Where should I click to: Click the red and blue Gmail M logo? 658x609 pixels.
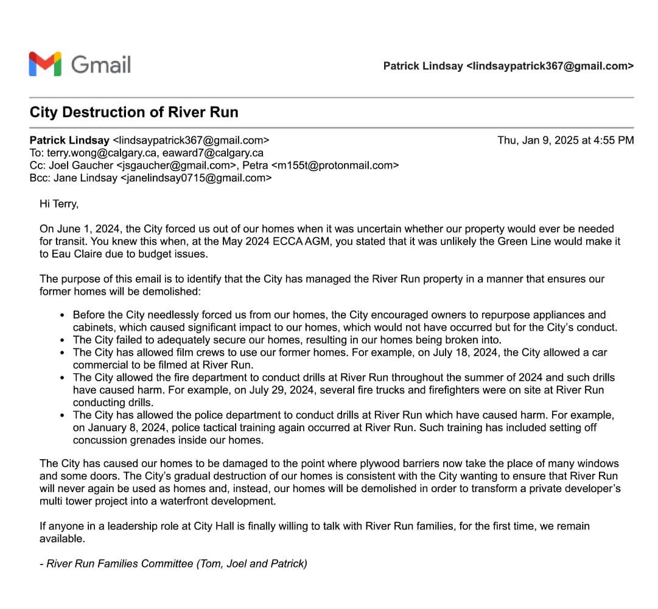(x=45, y=64)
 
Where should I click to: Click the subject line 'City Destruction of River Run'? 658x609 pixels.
(x=134, y=113)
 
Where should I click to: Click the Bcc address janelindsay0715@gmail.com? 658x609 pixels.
(x=196, y=178)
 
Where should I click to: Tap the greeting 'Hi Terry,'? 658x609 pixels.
(x=59, y=204)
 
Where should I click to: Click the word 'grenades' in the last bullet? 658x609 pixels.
(x=144, y=440)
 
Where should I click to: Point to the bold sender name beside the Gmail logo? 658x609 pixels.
(x=422, y=66)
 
